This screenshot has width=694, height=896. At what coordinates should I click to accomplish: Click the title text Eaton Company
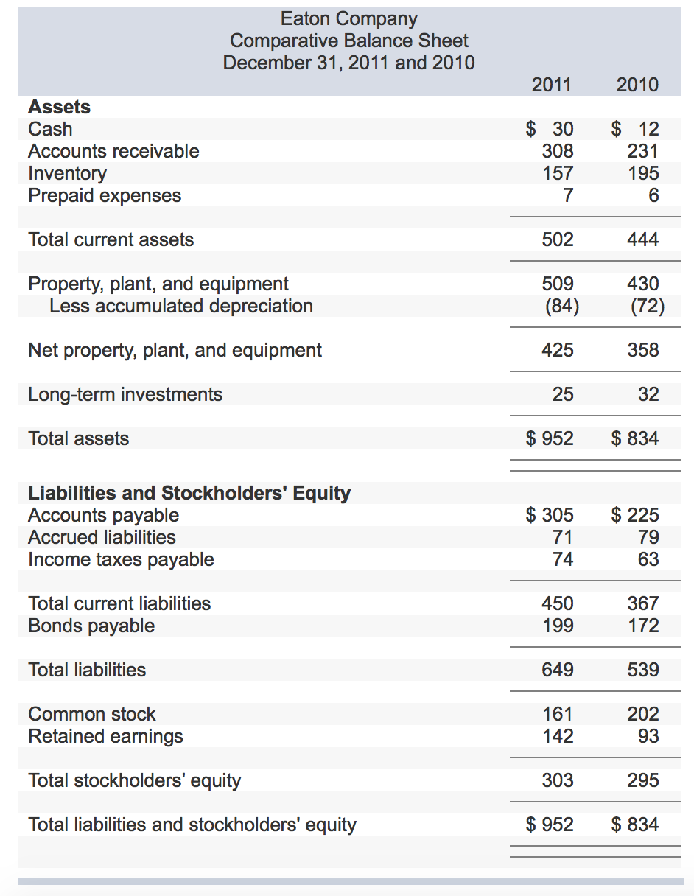tap(348, 18)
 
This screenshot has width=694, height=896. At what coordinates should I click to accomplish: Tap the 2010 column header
tap(637, 85)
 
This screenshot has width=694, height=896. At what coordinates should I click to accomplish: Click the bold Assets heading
tap(59, 107)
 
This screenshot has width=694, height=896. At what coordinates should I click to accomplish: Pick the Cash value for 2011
tap(550, 129)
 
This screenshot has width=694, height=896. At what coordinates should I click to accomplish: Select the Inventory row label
tap(67, 173)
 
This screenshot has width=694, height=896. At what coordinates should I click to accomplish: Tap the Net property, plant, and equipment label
tap(175, 350)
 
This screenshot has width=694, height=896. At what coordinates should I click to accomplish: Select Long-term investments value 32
tap(648, 394)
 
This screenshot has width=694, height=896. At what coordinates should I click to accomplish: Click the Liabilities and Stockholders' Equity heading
tap(189, 492)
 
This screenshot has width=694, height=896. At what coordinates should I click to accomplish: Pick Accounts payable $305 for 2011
tap(550, 515)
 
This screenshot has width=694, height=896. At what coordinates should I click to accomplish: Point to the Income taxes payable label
tap(121, 559)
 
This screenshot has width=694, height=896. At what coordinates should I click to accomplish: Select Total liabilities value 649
tap(558, 670)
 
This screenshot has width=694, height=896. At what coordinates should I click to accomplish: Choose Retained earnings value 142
tap(558, 736)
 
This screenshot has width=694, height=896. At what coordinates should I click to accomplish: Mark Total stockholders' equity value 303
tap(558, 780)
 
